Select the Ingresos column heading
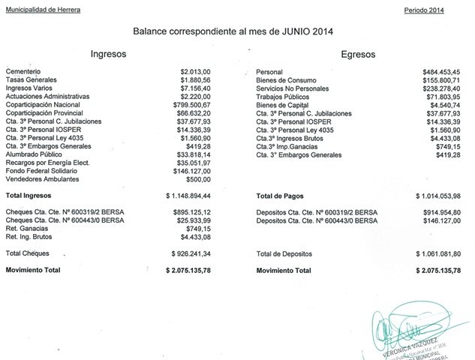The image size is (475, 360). point(108,55)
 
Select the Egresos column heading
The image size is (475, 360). point(357,55)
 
